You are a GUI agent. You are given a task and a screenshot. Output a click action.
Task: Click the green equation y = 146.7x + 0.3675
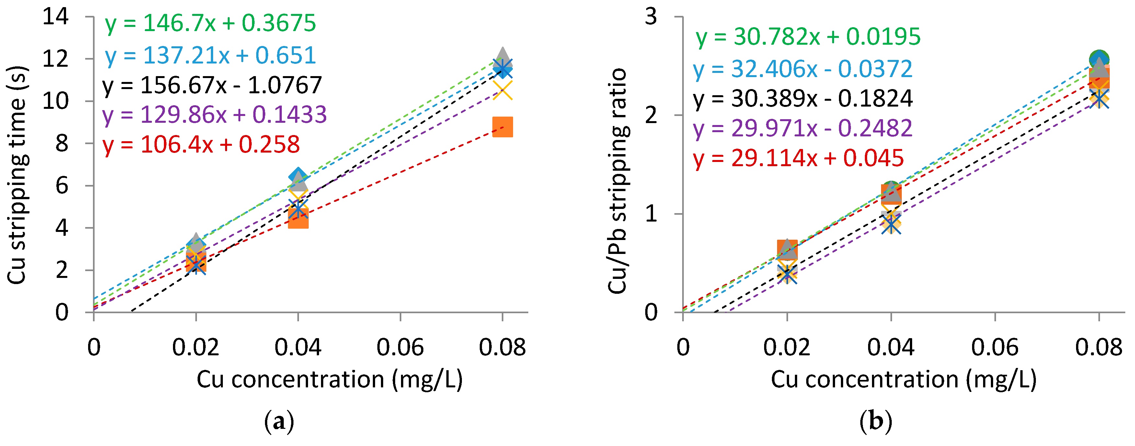click(x=210, y=23)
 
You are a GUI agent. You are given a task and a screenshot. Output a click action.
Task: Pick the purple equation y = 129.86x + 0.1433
click(x=214, y=115)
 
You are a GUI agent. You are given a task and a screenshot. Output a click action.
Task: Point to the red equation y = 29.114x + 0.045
click(x=798, y=158)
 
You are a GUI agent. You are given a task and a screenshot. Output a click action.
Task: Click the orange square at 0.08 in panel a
click(x=502, y=127)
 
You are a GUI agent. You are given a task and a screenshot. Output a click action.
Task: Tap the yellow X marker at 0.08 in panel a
click(x=502, y=90)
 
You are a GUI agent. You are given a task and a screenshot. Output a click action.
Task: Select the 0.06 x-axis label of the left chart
click(x=400, y=347)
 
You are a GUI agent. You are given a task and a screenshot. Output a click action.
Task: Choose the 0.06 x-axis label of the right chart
click(x=994, y=347)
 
